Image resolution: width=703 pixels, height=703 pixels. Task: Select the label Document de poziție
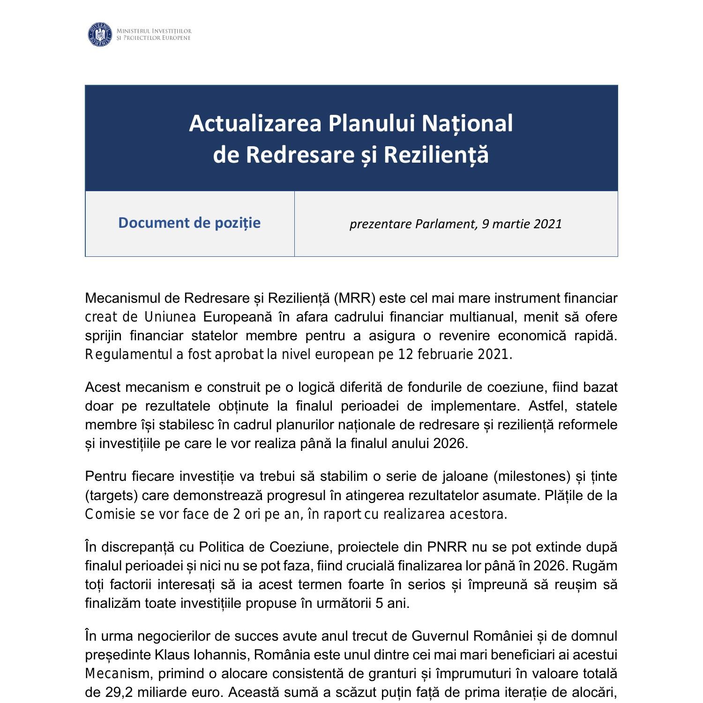pos(189,223)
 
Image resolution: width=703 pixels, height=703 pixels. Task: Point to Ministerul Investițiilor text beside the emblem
pos(154,31)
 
